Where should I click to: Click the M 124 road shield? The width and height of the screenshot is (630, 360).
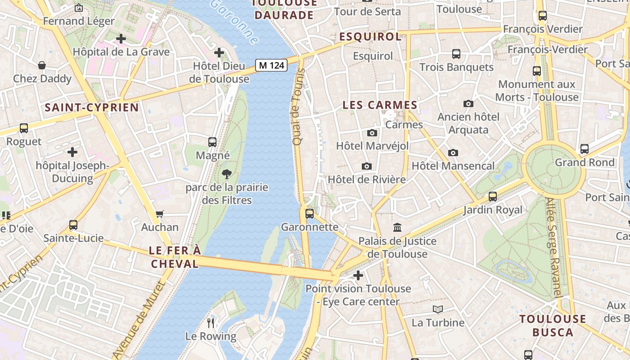[x=272, y=65]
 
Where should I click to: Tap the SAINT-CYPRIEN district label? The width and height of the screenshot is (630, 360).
[x=92, y=108]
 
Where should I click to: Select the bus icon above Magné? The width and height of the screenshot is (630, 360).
[x=212, y=142]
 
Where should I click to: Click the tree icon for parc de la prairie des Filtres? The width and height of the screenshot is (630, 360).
[x=227, y=174]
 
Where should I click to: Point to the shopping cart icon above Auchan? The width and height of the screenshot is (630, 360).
[x=160, y=214]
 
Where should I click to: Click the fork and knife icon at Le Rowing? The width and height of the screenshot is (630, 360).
[x=210, y=322]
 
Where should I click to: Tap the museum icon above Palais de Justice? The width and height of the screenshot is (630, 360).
[x=397, y=227]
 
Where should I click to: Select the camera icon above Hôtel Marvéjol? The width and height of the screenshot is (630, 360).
[x=372, y=133]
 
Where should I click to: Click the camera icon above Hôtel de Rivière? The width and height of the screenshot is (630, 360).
[x=367, y=166]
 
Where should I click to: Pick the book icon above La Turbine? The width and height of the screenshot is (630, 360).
[x=438, y=309]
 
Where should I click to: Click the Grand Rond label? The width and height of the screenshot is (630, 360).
[x=585, y=162]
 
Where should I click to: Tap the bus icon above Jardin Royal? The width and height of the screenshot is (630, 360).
[x=493, y=197]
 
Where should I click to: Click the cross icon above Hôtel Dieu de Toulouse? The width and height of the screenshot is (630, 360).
[x=219, y=53]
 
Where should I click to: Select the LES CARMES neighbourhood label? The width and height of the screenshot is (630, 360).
[x=380, y=105]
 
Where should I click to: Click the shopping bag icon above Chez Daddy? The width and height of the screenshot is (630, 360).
[x=42, y=66]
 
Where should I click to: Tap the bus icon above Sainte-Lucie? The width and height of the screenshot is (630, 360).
[x=73, y=225]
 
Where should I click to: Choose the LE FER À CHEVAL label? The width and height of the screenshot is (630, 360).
[x=175, y=257]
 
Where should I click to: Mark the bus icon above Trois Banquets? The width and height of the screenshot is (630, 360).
[x=456, y=54]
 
